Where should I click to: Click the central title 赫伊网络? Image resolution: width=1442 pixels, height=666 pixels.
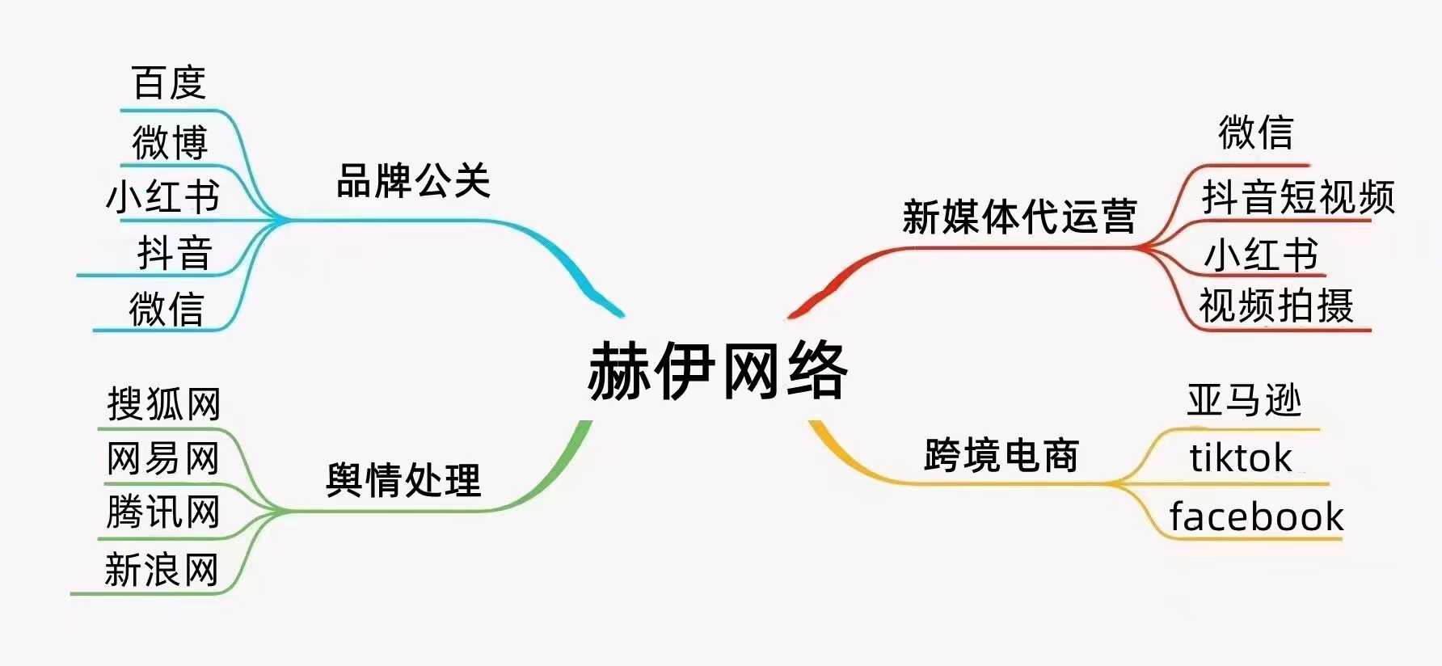(718, 371)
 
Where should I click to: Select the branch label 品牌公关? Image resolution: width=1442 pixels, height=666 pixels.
(413, 180)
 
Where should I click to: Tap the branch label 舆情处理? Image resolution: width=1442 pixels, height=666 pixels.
(403, 480)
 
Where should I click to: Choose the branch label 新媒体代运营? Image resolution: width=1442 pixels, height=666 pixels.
(1019, 216)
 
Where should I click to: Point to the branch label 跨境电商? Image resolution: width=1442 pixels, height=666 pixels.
(1001, 455)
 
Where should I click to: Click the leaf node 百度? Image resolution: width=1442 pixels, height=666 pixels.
(169, 82)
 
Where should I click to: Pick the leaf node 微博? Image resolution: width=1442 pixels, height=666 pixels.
(170, 142)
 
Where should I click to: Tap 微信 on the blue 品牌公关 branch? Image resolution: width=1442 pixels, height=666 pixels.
(167, 309)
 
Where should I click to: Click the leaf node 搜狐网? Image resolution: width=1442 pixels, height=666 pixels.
(164, 403)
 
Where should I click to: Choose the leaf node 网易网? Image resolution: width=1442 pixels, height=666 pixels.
(163, 458)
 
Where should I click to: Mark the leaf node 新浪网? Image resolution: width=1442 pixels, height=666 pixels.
(162, 570)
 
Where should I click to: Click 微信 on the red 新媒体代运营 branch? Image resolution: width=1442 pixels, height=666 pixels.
(1256, 132)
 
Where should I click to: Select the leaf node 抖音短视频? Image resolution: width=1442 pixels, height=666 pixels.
(1298, 197)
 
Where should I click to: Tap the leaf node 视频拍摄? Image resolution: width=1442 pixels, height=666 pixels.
(1276, 306)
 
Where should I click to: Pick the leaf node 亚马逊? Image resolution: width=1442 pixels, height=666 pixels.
(1245, 400)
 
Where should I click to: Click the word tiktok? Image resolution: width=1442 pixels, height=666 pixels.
(1241, 457)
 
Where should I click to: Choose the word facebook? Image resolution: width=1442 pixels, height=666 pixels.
(1256, 516)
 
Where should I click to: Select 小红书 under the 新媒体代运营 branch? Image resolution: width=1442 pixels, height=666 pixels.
(1261, 255)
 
